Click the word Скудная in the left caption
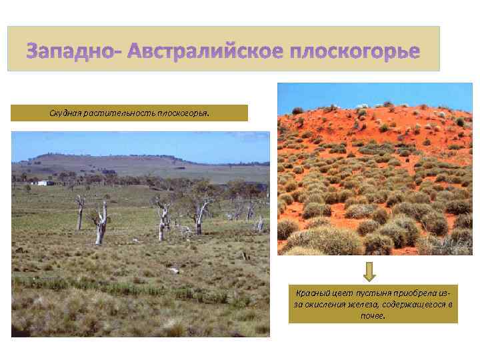point(65,113)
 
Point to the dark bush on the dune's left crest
point(297,111)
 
